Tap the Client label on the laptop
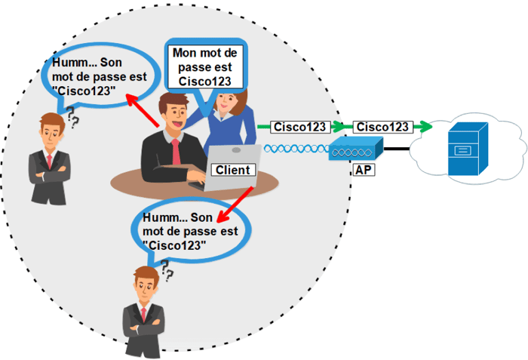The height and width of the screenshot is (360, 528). [232, 171]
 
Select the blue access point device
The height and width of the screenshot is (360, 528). [355, 150]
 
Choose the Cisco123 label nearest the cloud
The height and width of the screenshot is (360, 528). [384, 126]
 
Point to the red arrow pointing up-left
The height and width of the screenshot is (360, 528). [142, 110]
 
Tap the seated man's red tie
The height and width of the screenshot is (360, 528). [177, 152]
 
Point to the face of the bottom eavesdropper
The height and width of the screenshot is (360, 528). [143, 287]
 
